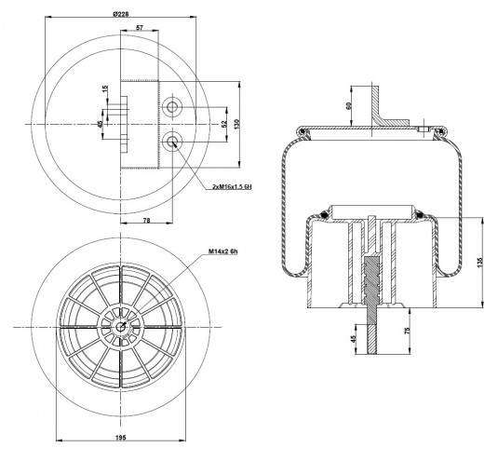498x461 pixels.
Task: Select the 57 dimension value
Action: (140, 28)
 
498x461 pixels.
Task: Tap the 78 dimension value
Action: (146, 220)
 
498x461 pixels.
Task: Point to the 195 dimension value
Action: (120, 438)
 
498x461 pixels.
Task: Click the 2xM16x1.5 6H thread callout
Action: (232, 187)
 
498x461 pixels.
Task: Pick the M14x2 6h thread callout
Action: (223, 251)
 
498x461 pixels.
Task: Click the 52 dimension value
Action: (224, 124)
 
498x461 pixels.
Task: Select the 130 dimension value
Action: (236, 124)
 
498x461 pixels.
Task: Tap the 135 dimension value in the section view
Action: (479, 262)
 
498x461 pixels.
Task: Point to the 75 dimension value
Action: (408, 331)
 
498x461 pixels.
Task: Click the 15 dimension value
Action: (106, 89)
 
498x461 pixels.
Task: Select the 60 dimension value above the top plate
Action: (348, 106)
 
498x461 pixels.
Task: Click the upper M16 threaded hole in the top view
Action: (172, 107)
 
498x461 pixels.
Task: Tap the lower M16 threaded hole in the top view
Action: (172, 141)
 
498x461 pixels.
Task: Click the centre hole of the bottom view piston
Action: (120, 327)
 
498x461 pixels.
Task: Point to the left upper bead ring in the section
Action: (303, 131)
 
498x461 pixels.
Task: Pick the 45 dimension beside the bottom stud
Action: (353, 339)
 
